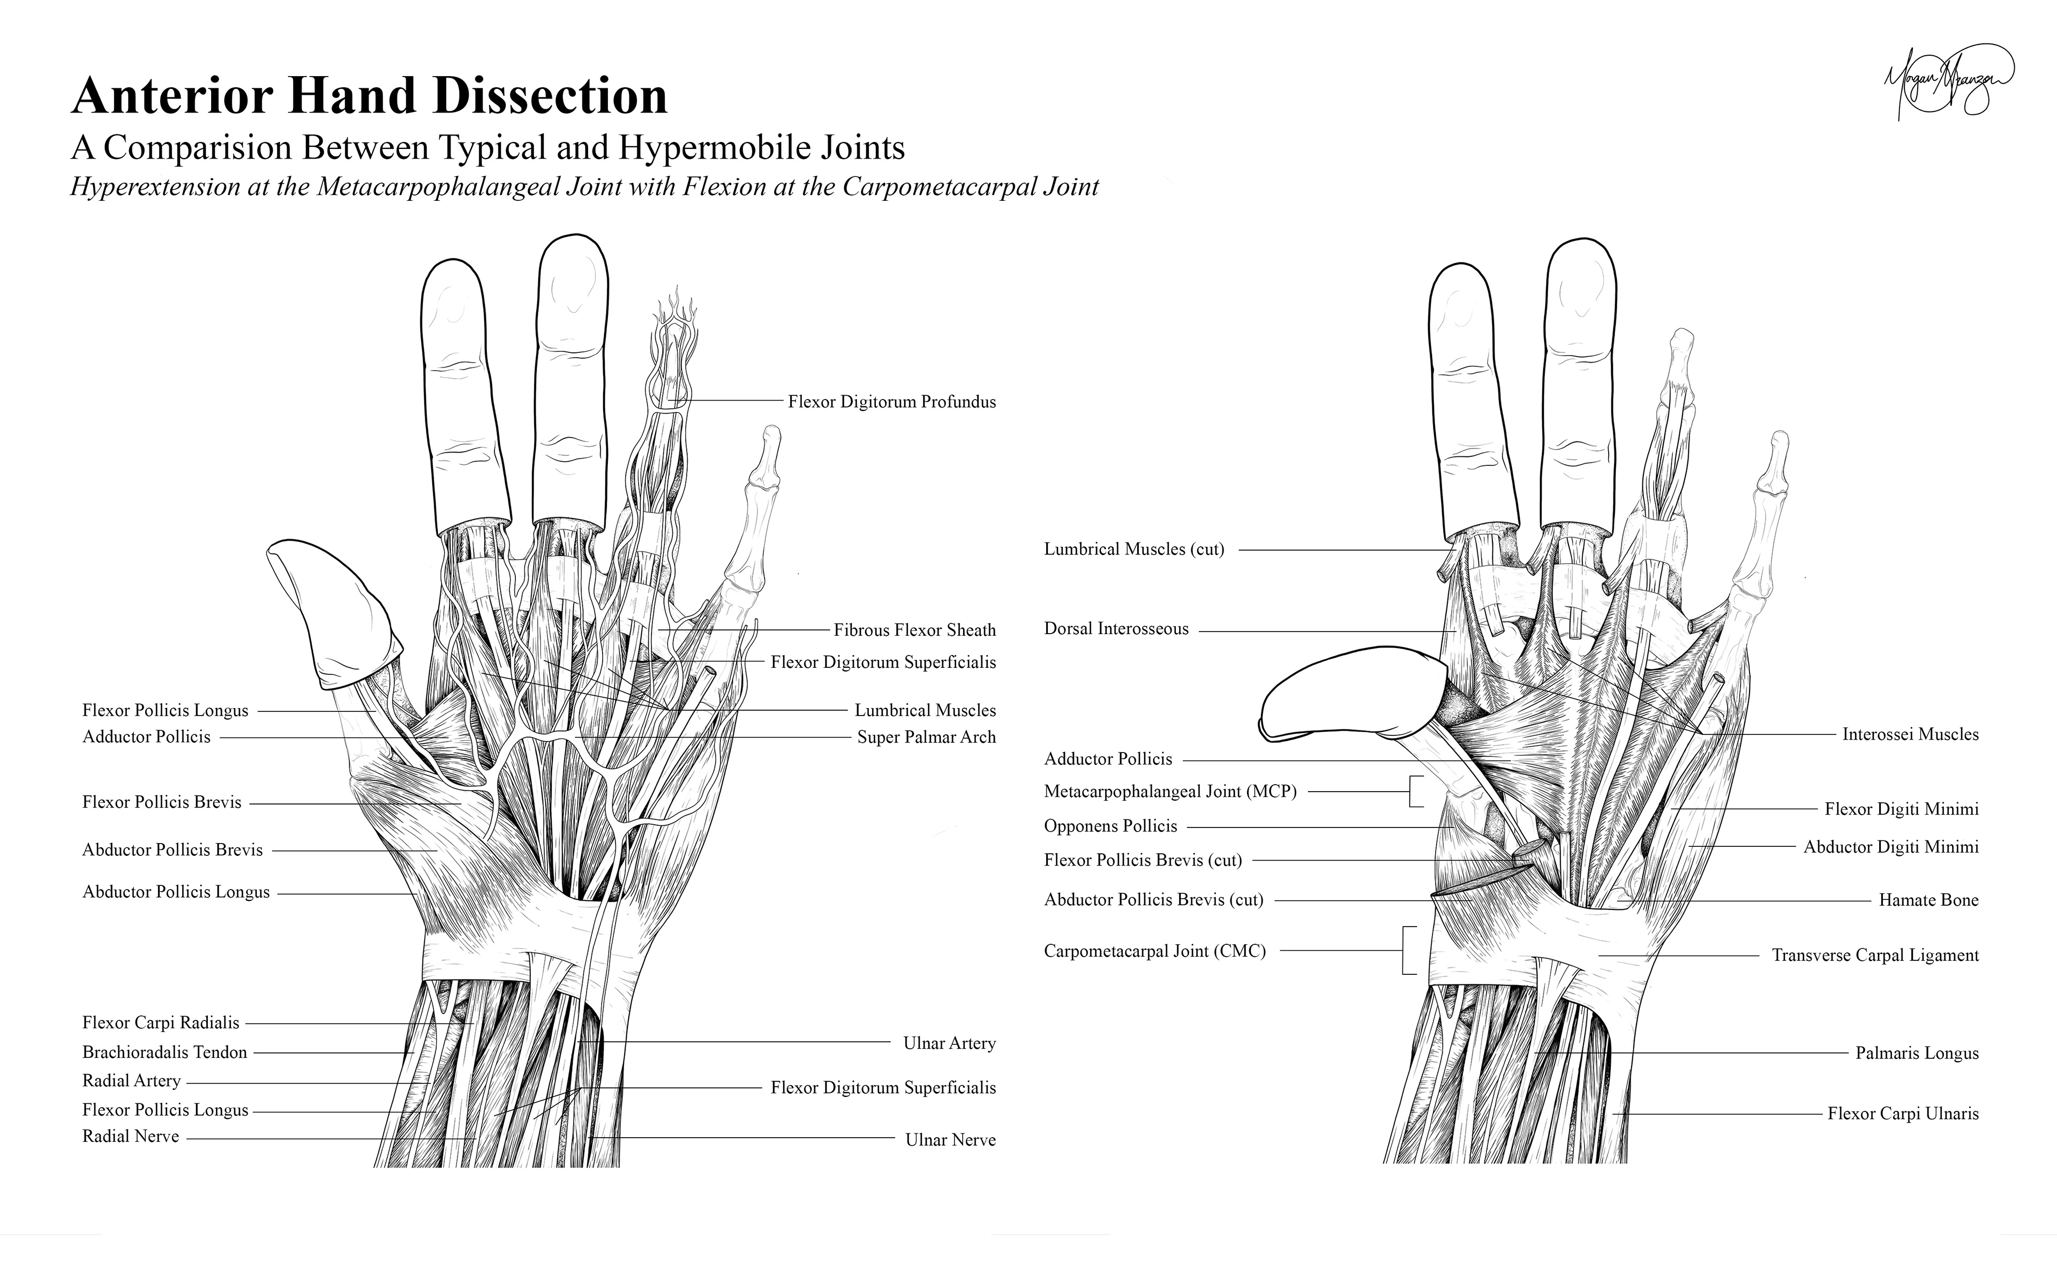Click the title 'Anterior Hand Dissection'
coord(369,96)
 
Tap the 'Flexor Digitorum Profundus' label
coord(891,402)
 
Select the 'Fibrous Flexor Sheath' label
coord(914,630)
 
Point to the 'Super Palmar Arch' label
coord(926,737)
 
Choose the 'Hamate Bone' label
coord(1928,900)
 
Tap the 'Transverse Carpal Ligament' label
coord(1874,955)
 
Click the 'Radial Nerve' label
coord(130,1137)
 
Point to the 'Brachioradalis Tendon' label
coord(165,1052)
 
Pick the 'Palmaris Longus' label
coord(1917,1054)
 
